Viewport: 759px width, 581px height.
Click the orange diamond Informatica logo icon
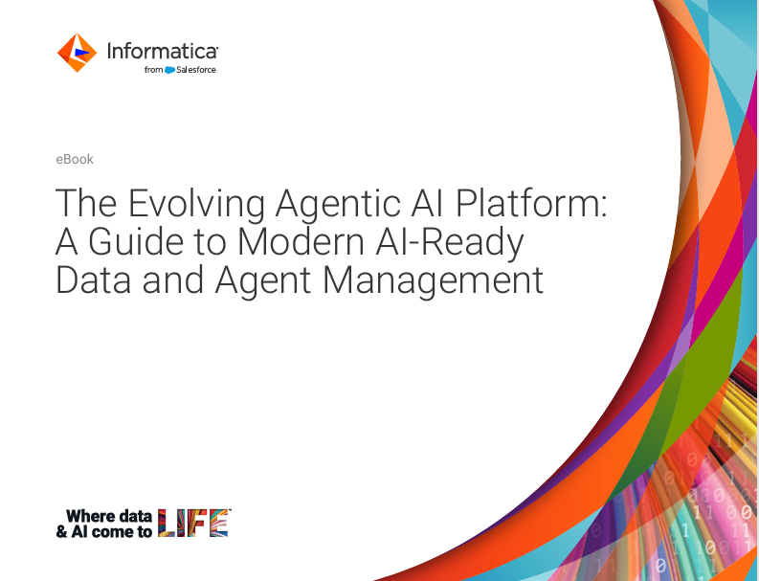[77, 53]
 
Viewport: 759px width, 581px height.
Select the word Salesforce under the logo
[196, 70]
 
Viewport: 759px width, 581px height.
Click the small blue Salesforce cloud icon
[169, 70]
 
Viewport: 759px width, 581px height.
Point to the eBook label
[75, 159]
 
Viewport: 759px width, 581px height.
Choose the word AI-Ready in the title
[458, 242]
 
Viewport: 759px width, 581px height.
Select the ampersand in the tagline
[62, 532]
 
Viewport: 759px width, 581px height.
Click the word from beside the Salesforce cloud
[153, 70]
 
